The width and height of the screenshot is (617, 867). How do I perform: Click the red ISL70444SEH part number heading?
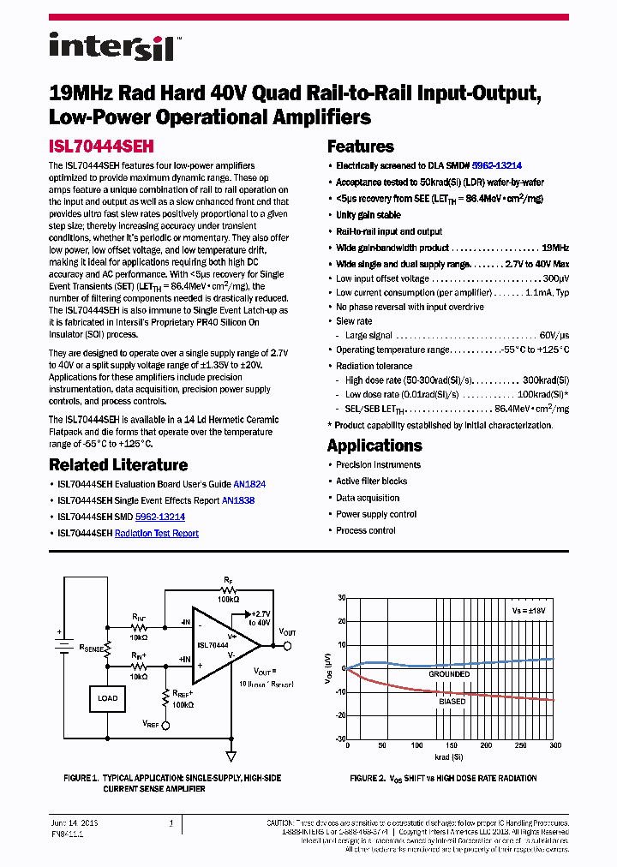click(x=101, y=146)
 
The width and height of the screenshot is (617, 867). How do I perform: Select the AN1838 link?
click(x=238, y=500)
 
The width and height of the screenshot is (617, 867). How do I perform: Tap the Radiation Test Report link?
click(x=157, y=533)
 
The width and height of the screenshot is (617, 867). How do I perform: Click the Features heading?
click(x=360, y=146)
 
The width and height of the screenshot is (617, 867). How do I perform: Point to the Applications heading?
click(x=374, y=445)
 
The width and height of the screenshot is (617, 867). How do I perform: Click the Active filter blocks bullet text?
click(x=371, y=481)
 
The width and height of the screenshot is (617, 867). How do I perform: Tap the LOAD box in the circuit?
click(x=108, y=698)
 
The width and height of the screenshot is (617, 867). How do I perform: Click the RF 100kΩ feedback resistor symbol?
click(x=228, y=590)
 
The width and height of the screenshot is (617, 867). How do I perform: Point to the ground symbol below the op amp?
click(x=231, y=755)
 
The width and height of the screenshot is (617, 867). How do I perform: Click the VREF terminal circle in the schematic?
click(x=165, y=724)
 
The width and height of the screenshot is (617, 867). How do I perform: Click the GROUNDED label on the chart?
click(x=450, y=674)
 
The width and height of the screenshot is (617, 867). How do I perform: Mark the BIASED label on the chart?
click(x=452, y=701)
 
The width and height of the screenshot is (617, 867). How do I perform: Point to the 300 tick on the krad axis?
click(x=554, y=745)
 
